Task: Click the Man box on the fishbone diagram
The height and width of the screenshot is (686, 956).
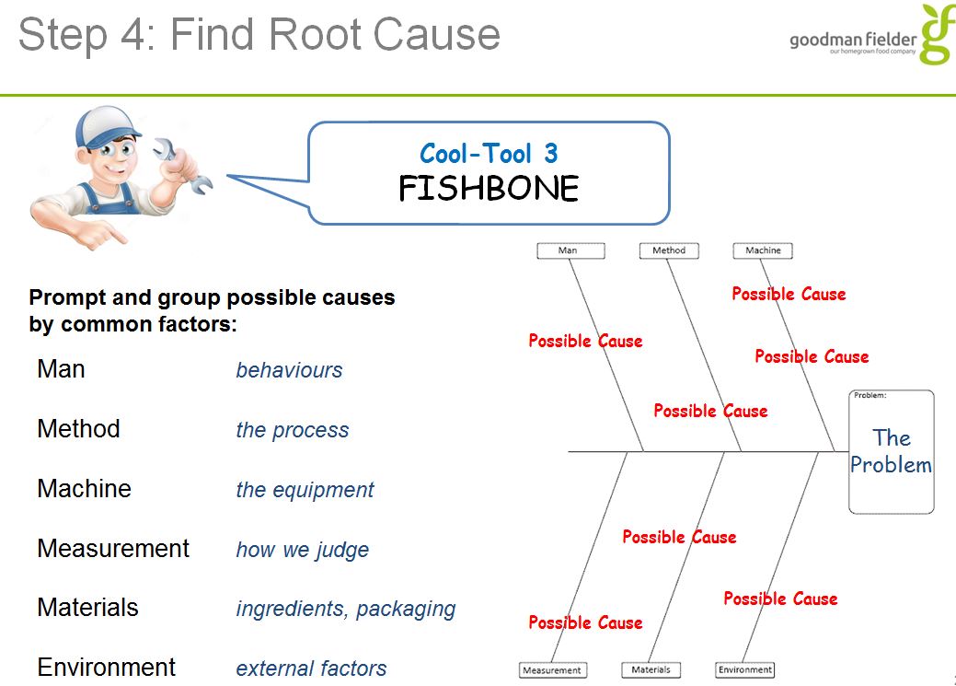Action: pos(570,250)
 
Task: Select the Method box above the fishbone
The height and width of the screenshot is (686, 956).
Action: pos(669,250)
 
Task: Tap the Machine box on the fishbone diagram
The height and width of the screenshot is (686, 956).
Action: pos(763,250)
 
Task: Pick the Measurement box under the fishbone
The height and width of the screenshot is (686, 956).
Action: pos(552,670)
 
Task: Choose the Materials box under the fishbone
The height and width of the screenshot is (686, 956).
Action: pos(651,670)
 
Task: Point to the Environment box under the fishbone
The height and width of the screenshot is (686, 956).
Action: pos(744,670)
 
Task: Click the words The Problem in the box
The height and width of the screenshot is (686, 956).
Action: pos(891,451)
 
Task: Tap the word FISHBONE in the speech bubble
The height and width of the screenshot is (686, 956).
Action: pos(489,189)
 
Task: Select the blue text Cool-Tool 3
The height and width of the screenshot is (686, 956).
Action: pos(489,153)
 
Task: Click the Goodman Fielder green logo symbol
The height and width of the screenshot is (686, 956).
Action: pos(937,34)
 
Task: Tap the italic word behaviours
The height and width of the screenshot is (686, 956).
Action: pos(289,370)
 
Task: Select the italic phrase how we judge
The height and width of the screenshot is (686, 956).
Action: pos(302,550)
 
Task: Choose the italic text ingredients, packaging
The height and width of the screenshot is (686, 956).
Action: pos(345,609)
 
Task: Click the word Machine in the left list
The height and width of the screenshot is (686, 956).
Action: pos(84,488)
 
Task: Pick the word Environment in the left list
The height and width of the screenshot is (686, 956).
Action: pos(106,667)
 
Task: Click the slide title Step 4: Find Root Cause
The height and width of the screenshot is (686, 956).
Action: pos(259,35)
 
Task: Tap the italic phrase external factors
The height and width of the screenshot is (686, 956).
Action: pos(311,669)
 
